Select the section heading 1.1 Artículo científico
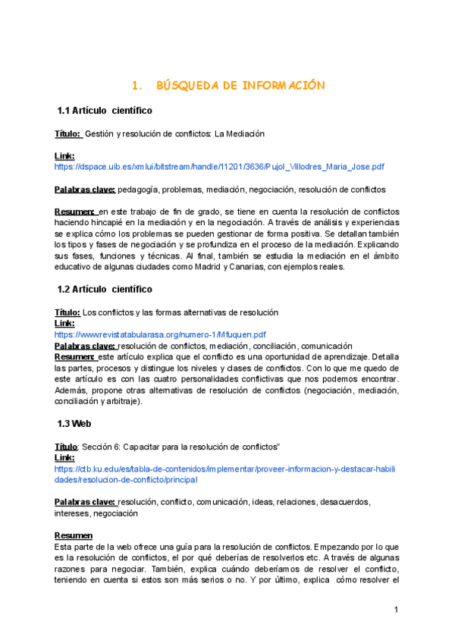(x=105, y=111)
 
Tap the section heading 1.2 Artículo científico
(x=105, y=289)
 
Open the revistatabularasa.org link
(x=160, y=334)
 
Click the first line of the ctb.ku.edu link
(x=224, y=469)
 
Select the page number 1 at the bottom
(x=396, y=610)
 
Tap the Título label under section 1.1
(x=67, y=133)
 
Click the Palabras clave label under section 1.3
(x=85, y=502)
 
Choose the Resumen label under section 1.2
(x=74, y=356)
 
